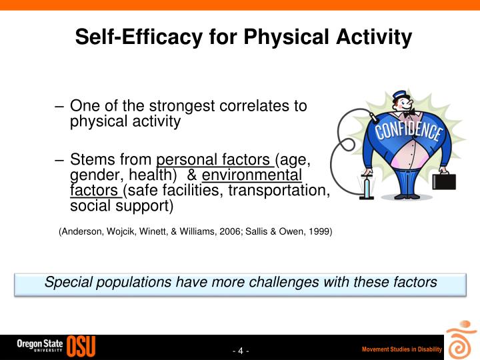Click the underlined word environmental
point(252,175)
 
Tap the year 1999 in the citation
point(320,232)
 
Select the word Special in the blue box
point(69,282)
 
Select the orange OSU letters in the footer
point(81,346)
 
